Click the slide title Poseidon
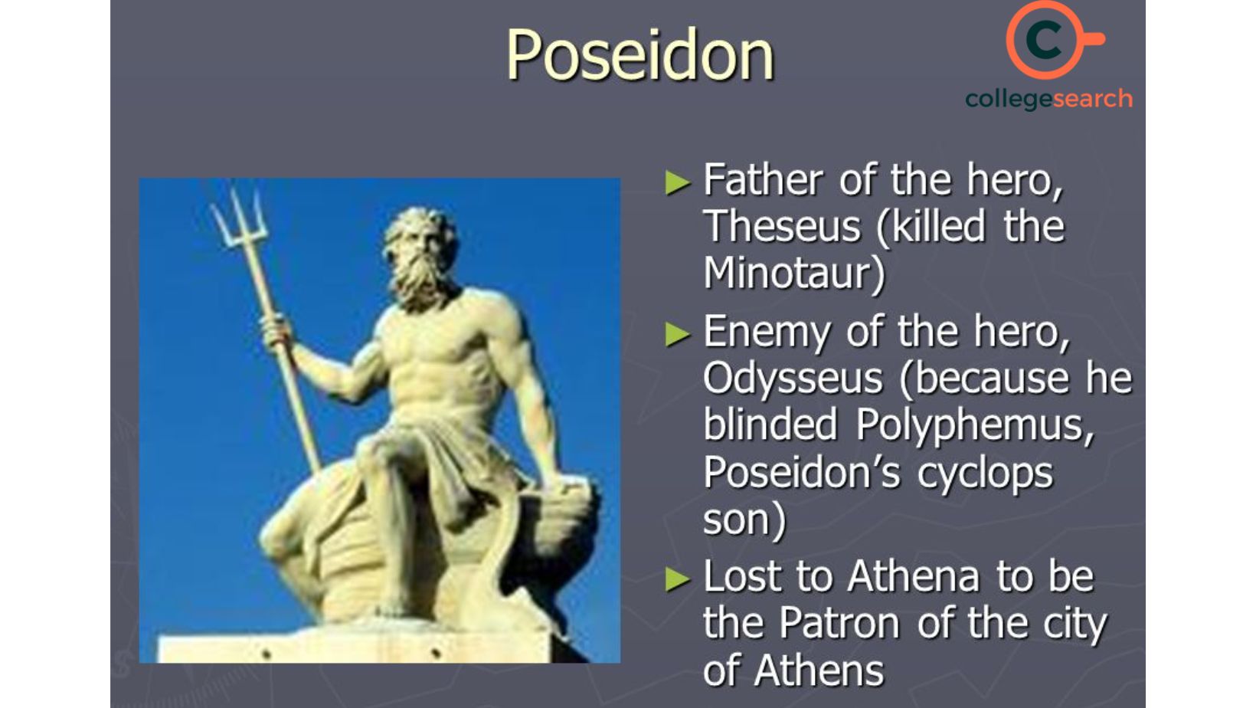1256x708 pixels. [x=639, y=55]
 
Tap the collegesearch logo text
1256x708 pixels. [x=1048, y=99]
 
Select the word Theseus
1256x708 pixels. [x=782, y=227]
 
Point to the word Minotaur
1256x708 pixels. [x=793, y=274]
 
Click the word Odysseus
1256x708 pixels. [x=793, y=379]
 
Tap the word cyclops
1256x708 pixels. [x=985, y=473]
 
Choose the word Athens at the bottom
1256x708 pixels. [x=819, y=670]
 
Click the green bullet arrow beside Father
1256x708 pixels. [x=678, y=183]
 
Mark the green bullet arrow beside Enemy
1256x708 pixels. [x=678, y=335]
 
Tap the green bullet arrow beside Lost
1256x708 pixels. [x=678, y=579]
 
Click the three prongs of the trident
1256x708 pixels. [x=239, y=218]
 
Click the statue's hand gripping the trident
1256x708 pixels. [x=276, y=332]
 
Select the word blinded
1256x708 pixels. [x=770, y=425]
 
